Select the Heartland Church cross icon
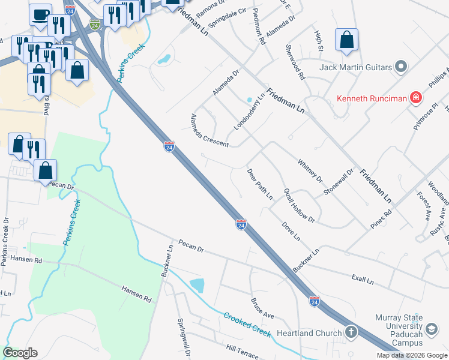351,332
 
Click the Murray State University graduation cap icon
432,329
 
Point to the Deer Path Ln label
260,184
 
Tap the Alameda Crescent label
209,130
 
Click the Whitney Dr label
310,171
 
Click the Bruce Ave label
262,307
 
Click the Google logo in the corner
20,353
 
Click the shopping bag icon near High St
346,40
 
